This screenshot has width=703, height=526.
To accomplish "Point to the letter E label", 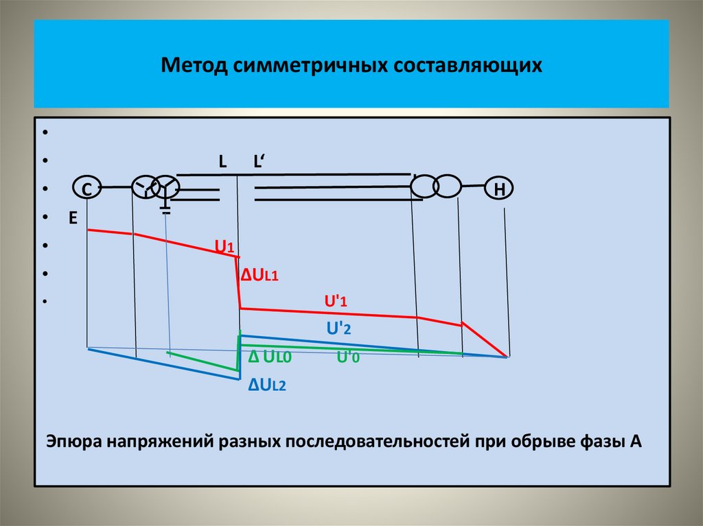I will tap(71, 217).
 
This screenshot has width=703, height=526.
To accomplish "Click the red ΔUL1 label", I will tap(259, 275).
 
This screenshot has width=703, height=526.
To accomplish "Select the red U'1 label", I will tap(337, 301).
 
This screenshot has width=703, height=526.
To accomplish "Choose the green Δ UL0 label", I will tap(270, 357).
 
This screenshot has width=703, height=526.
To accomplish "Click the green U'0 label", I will tap(347, 357).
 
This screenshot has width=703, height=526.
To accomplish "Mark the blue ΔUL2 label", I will tap(267, 385).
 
